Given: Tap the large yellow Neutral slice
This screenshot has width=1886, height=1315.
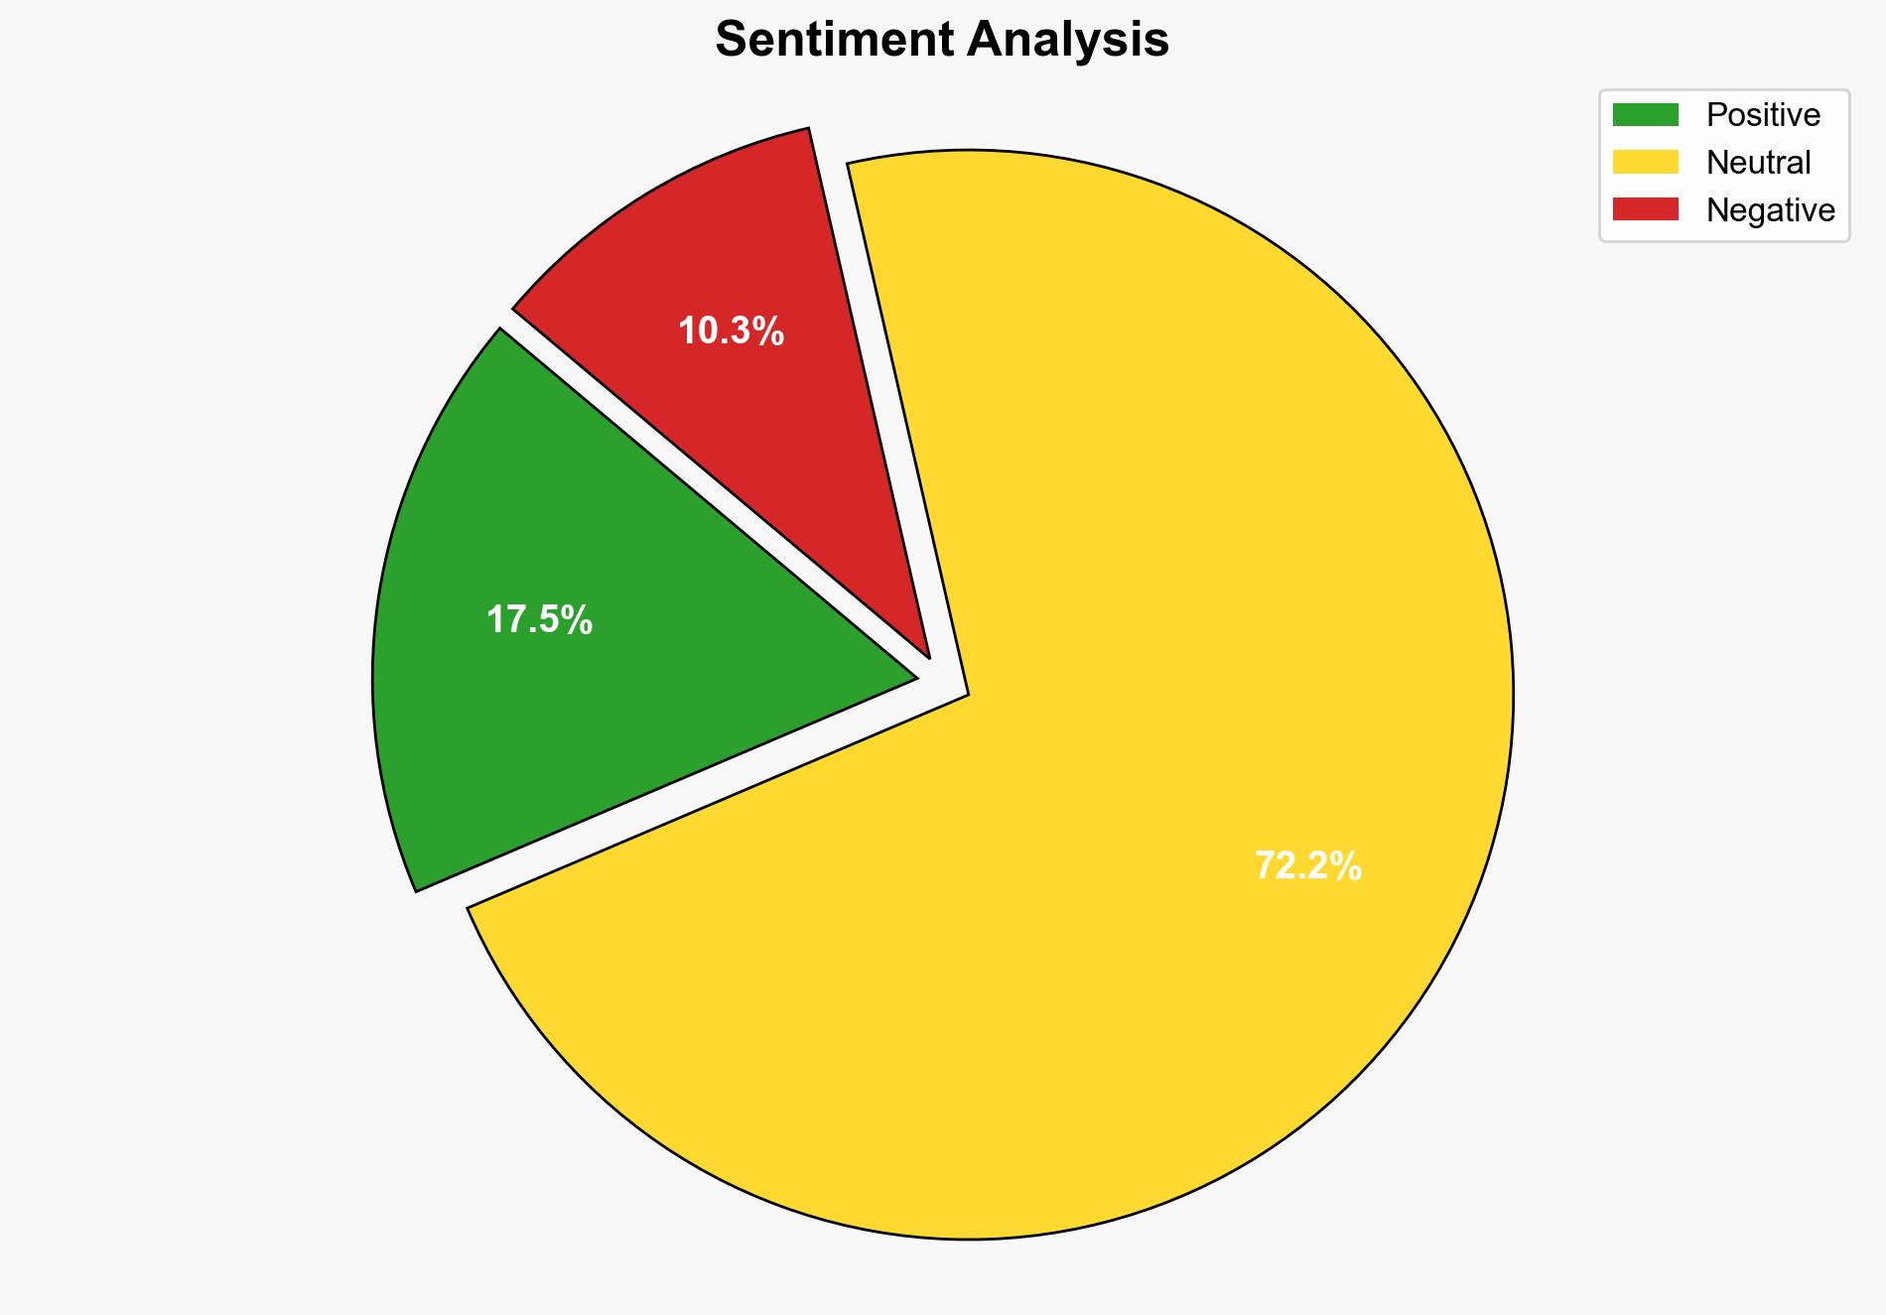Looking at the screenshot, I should (x=1092, y=794).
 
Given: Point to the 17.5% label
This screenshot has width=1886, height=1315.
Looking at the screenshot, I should (x=539, y=620).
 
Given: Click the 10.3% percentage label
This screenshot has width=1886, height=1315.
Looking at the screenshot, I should (x=731, y=331).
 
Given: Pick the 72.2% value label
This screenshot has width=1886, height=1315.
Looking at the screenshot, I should (x=1307, y=866).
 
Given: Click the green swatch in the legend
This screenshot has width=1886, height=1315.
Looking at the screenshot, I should (x=1645, y=115).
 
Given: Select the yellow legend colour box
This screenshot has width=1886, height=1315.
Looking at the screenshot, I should (x=1645, y=162).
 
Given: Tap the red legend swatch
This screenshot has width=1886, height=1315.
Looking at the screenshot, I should (x=1645, y=209).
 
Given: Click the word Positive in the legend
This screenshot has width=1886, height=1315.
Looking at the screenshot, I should (x=1763, y=115).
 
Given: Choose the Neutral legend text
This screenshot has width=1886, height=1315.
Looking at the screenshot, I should (x=1758, y=162).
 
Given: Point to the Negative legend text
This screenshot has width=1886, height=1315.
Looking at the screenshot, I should (x=1770, y=209).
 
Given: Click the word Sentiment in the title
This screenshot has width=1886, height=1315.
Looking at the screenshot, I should (x=833, y=40).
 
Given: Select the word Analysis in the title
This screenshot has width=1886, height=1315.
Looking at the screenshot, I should (x=1068, y=40).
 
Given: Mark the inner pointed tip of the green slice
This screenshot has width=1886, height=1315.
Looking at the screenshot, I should (x=914, y=679).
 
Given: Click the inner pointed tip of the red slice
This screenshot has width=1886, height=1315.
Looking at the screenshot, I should (x=928, y=655).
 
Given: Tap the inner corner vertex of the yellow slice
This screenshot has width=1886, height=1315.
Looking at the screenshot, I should (x=967, y=694).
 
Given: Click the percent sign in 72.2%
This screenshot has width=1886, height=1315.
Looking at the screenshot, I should (x=1347, y=866).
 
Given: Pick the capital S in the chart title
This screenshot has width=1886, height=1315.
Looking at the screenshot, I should (x=730, y=40).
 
